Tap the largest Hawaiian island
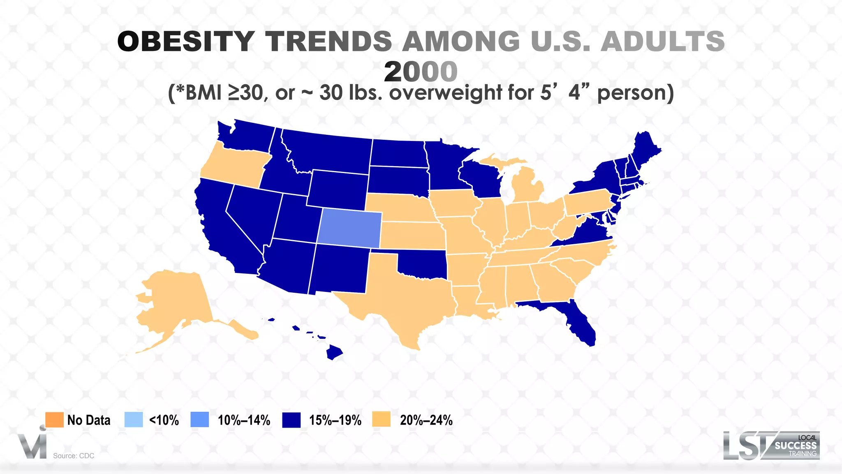tap(334, 352)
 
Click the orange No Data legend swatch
tap(54, 420)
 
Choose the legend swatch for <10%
tap(134, 420)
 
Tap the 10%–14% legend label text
tap(244, 420)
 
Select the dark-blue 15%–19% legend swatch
tap(291, 420)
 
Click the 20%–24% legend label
tap(426, 420)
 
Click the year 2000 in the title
tap(421, 72)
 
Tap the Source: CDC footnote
tap(74, 456)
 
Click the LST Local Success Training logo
tap(771, 446)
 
